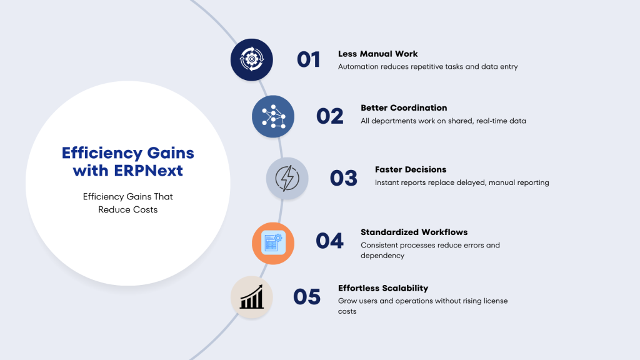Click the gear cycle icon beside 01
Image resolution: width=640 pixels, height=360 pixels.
click(251, 59)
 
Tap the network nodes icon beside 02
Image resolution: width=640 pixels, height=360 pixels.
click(273, 116)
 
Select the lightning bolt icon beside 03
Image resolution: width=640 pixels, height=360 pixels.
click(287, 178)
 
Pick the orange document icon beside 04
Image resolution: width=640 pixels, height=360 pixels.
click(273, 243)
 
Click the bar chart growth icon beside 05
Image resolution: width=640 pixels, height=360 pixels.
click(251, 297)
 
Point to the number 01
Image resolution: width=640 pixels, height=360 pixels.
click(309, 59)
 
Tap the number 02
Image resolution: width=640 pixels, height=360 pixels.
click(330, 116)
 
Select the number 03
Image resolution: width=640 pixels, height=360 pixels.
click(344, 178)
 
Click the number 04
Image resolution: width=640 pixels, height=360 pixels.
click(330, 241)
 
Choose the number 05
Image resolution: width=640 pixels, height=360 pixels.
click(307, 297)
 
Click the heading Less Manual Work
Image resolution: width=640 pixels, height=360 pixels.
click(378, 54)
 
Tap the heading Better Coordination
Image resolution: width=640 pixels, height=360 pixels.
click(404, 107)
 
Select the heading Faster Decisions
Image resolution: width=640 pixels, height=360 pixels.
click(411, 169)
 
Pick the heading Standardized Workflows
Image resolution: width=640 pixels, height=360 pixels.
click(414, 232)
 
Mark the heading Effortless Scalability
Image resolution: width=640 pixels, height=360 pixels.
click(383, 288)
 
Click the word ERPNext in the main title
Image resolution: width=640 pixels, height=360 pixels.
click(148, 171)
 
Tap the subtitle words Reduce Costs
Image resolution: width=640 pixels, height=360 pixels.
click(127, 209)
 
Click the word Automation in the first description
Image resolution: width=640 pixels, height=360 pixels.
click(358, 66)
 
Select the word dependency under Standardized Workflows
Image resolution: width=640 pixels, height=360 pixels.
click(382, 256)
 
